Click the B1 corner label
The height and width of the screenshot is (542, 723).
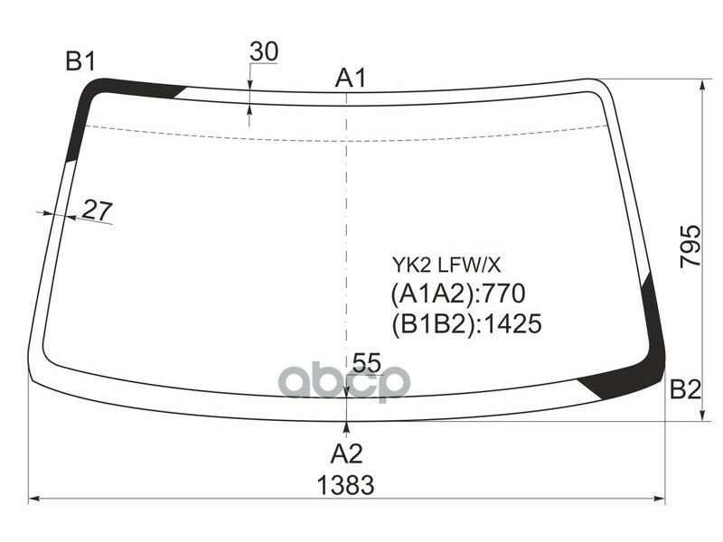pyautogui.click(x=80, y=62)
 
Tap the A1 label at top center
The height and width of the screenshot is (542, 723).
pyautogui.click(x=350, y=79)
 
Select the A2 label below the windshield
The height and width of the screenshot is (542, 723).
pyautogui.click(x=347, y=453)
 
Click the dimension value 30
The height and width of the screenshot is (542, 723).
pyautogui.click(x=264, y=52)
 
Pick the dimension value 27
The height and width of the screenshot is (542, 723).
pyautogui.click(x=97, y=210)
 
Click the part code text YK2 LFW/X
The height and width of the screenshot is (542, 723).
pyautogui.click(x=446, y=266)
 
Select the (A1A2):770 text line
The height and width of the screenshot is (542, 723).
pyautogui.click(x=458, y=294)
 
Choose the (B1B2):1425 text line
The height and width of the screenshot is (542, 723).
pyautogui.click(x=466, y=323)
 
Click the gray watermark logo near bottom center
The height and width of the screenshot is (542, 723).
pyautogui.click(x=344, y=382)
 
